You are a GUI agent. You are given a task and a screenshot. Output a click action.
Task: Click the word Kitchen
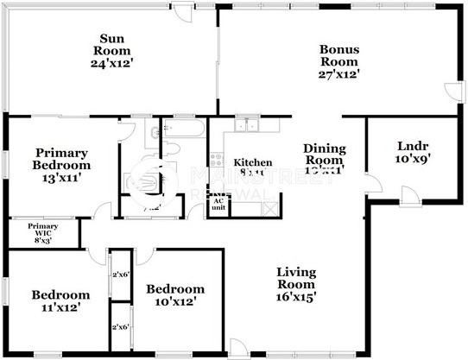pos(254,162)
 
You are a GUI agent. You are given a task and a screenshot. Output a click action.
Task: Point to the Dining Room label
pos(324,155)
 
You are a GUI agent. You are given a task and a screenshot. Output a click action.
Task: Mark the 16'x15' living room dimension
pos(296,297)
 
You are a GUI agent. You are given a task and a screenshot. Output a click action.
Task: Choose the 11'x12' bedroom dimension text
pos(54,308)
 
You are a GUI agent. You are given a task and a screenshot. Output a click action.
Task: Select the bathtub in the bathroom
pos(187,131)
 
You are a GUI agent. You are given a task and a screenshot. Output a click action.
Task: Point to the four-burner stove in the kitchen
pos(216,161)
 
